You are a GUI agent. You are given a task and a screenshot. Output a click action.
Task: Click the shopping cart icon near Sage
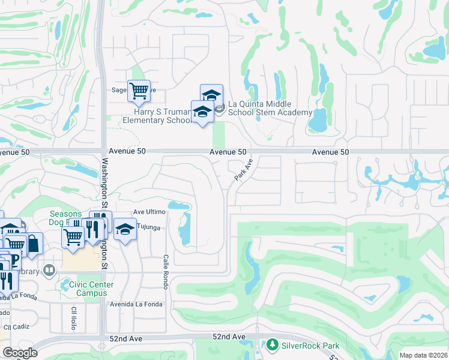[x=139, y=91]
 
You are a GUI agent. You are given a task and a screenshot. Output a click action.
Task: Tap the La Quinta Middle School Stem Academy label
[x=270, y=108]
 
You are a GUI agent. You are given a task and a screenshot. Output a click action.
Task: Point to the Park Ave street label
[x=244, y=170]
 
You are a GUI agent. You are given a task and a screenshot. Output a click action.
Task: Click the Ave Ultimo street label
[x=149, y=212]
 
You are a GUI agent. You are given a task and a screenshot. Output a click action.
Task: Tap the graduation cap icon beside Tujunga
[x=125, y=230]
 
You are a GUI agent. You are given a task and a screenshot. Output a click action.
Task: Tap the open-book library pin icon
[x=65, y=271]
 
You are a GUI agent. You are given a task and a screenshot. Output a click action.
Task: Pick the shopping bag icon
[x=32, y=244]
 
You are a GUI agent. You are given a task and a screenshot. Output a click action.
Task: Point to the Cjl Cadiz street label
[x=16, y=327]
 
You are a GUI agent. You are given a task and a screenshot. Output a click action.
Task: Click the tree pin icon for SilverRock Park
[x=273, y=345]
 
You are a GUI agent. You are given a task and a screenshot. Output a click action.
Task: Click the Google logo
[x=20, y=352]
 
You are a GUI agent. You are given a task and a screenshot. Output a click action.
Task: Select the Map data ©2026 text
[x=423, y=355]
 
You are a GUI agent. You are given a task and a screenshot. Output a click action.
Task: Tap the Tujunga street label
[x=149, y=226]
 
